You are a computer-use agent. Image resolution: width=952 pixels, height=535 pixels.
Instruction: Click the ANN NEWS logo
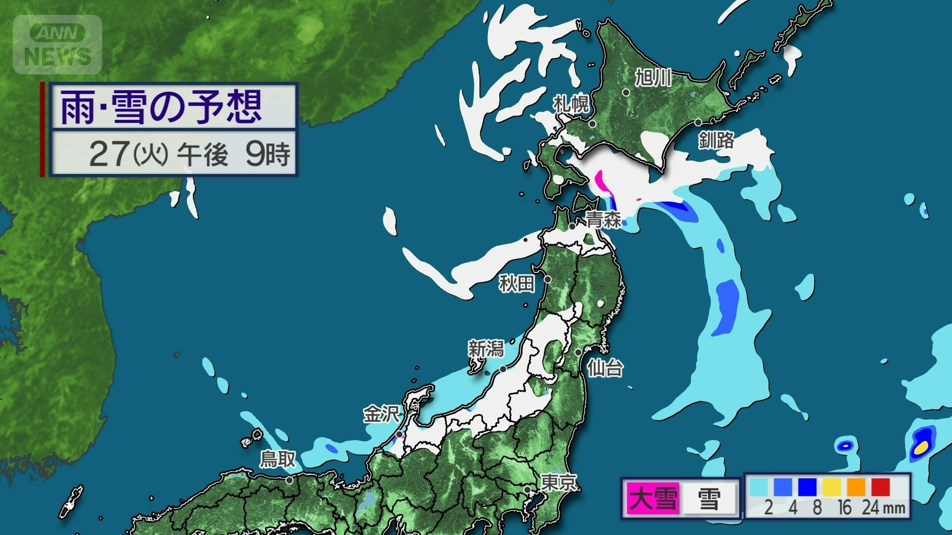click(58, 45)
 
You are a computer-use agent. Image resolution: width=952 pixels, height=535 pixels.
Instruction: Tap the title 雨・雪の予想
click(161, 107)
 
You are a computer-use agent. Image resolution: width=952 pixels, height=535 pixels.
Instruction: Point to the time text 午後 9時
click(233, 154)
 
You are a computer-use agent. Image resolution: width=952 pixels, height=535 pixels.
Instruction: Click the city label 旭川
click(654, 78)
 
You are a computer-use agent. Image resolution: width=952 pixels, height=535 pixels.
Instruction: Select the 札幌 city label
click(571, 104)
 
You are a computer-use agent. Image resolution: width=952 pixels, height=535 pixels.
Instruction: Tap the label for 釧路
click(716, 140)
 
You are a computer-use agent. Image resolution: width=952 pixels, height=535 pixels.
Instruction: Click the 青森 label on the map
click(603, 219)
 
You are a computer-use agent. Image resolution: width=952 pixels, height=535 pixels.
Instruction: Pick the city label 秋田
click(517, 284)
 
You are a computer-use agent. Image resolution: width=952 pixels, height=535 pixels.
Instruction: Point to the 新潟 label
click(486, 349)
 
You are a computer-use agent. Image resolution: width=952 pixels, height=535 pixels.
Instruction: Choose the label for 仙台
click(605, 369)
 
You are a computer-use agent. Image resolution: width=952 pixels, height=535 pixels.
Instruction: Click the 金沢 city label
click(381, 414)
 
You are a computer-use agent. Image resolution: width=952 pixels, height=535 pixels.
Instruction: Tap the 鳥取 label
click(278, 460)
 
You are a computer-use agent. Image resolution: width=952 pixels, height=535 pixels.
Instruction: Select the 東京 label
click(559, 482)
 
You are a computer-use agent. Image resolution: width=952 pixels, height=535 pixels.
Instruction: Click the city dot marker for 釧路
click(698, 122)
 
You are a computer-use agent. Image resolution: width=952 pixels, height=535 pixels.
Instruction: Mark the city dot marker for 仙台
click(578, 352)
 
